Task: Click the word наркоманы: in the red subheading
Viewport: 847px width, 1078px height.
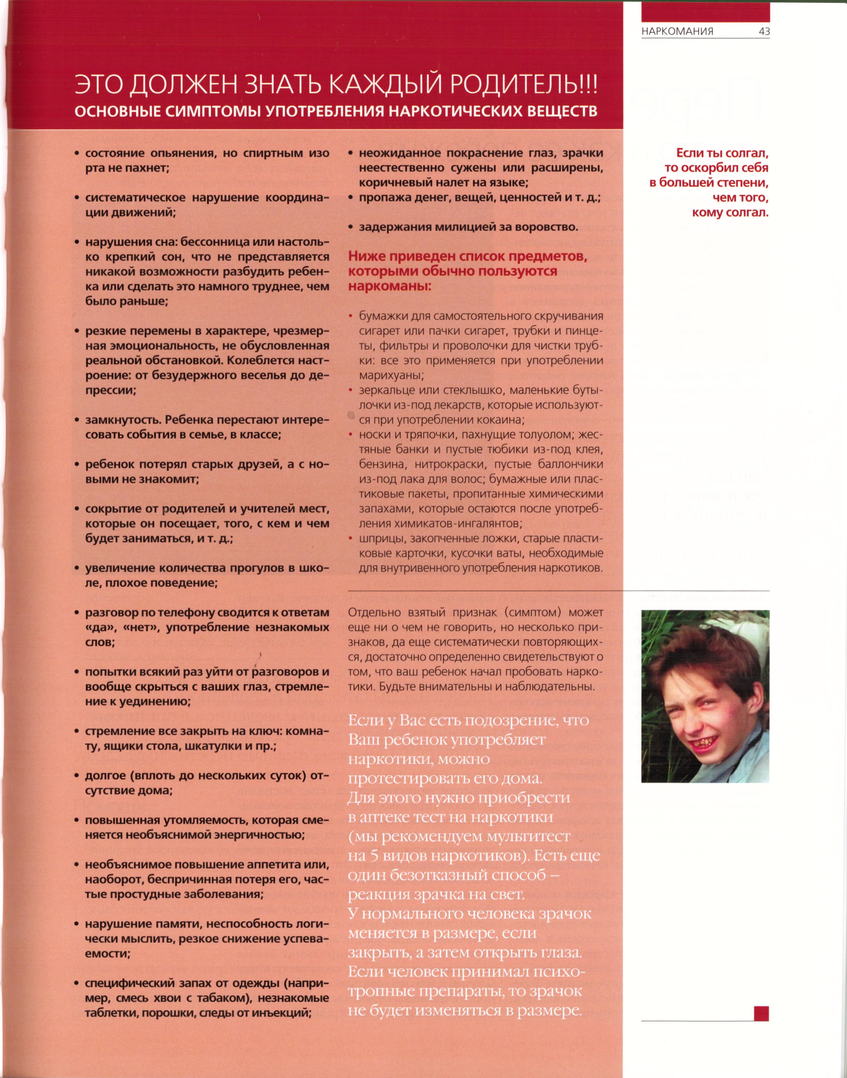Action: [x=389, y=287]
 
